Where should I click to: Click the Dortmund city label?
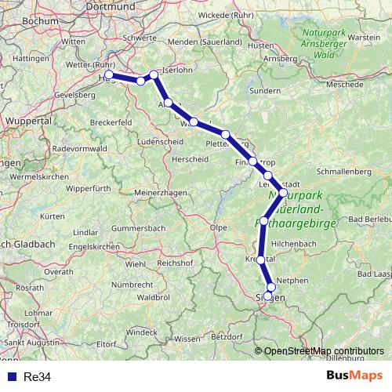pos(146,8)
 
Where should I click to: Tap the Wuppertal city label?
pos(29,122)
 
